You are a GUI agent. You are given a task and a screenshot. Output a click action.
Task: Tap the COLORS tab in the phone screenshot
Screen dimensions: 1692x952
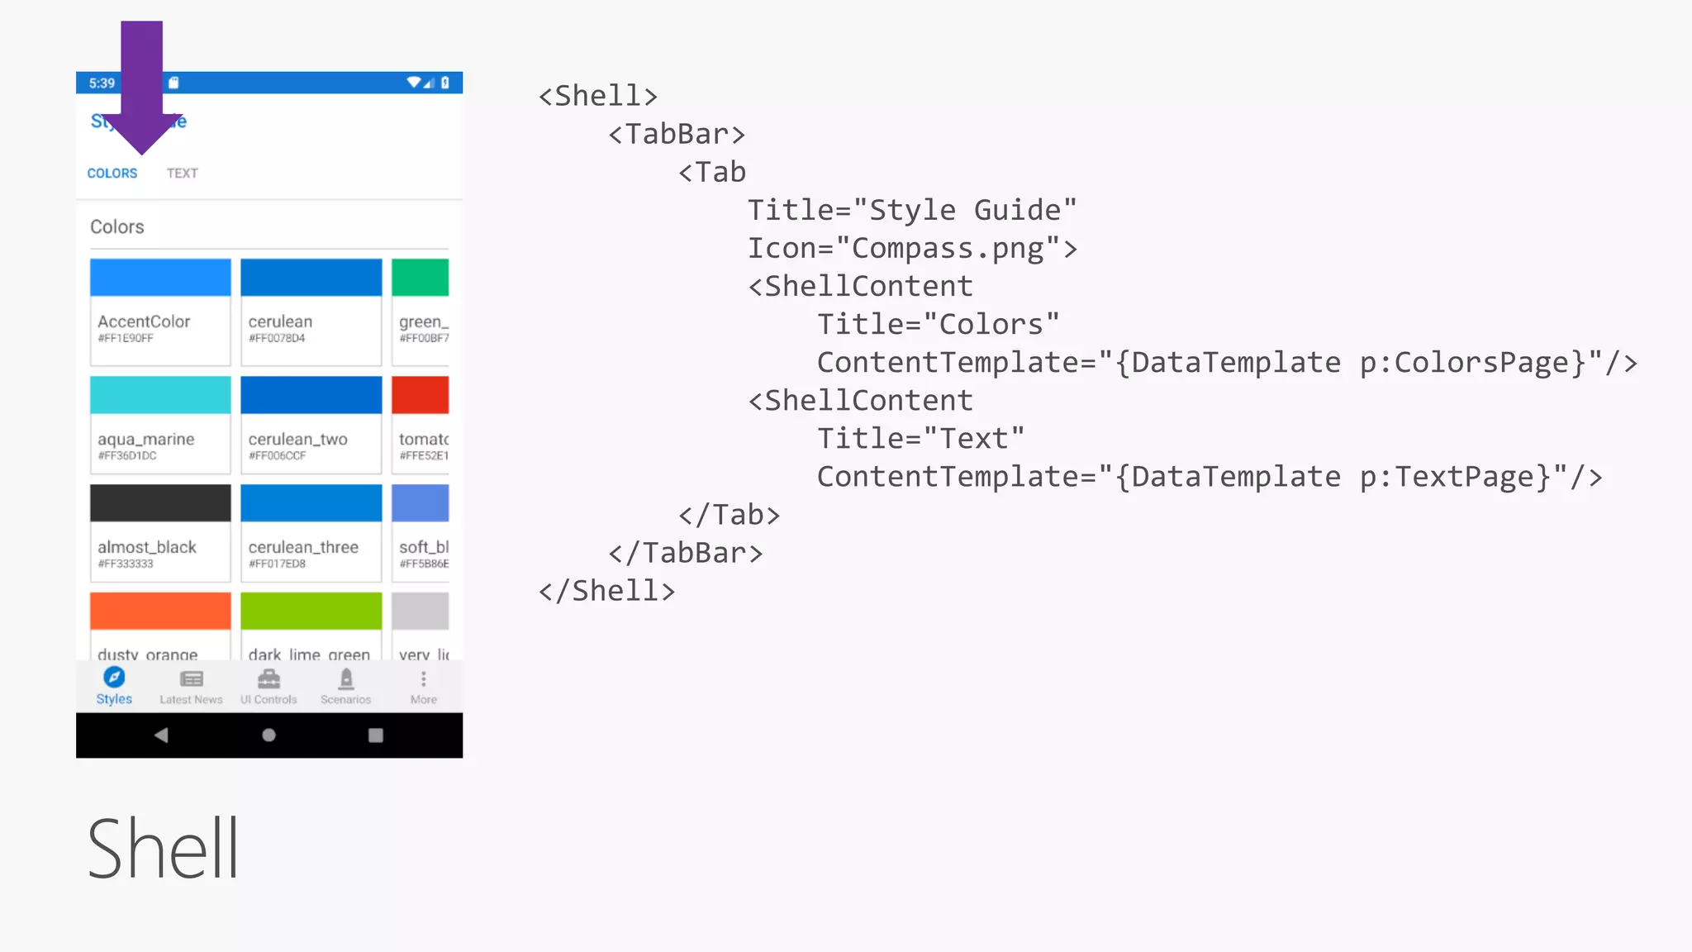click(112, 174)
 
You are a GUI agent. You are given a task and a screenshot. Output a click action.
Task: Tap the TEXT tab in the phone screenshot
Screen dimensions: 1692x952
click(182, 174)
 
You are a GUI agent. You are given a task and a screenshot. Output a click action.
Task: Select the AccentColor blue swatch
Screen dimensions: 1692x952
click(160, 278)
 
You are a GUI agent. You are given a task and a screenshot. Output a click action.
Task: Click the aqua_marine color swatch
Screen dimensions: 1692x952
click(160, 395)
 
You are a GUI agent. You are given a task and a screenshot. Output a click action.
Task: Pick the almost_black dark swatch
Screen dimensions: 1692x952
click(160, 503)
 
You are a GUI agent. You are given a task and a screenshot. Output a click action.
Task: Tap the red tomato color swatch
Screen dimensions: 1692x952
click(420, 395)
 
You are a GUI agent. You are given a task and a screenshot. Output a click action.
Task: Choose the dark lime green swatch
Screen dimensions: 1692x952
click(311, 611)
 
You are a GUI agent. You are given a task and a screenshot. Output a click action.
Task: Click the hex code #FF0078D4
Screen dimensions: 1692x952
click(277, 339)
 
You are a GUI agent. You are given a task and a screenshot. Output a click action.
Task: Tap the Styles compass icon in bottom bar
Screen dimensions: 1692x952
click(114, 678)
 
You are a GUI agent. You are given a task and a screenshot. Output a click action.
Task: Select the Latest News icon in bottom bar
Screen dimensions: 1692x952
click(191, 679)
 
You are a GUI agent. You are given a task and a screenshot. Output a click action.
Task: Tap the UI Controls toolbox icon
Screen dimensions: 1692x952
click(269, 679)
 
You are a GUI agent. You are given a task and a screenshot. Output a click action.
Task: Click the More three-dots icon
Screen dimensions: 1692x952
click(423, 679)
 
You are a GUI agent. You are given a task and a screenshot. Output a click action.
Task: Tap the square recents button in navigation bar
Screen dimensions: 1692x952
click(375, 735)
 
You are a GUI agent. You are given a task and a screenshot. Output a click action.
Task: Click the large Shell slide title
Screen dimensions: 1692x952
click(163, 849)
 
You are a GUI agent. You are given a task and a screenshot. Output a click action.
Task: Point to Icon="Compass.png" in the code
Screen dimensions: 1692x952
click(912, 249)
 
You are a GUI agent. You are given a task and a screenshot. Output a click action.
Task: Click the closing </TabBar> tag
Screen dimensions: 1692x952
click(685, 553)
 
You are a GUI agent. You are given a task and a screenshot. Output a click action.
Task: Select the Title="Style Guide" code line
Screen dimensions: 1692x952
click(912, 211)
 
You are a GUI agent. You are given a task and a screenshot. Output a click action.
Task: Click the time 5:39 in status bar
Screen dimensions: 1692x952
click(102, 83)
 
